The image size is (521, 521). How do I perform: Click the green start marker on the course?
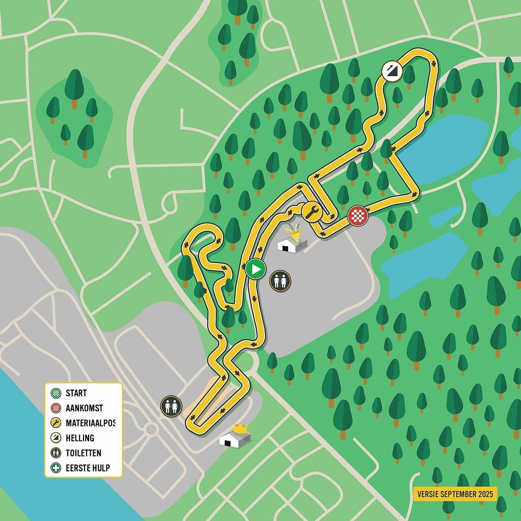pos(256,269)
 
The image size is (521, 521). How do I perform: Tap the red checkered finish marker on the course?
pos(358,216)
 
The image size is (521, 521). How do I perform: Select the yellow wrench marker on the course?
pos(312,212)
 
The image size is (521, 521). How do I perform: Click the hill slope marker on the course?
pos(392,72)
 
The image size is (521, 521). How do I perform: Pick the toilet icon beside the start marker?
pos(280,281)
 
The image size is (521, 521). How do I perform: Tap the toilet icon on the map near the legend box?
pos(171,406)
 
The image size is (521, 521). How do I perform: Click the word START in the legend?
pos(76,393)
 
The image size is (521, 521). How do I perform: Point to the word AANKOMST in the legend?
pos(84,408)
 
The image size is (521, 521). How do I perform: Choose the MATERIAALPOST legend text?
pos(90,423)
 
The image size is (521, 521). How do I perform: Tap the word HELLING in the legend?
pos(80,438)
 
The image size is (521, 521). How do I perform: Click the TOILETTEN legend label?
pos(83,453)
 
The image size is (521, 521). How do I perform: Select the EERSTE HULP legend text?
pos(88,468)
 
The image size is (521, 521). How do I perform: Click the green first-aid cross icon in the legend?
pos(56,468)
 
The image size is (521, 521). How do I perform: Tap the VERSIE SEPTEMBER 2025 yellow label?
pos(455,494)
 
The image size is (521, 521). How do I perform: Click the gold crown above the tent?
pos(240,428)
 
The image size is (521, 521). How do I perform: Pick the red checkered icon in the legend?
pos(56,408)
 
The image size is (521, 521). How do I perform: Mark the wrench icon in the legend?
pos(56,423)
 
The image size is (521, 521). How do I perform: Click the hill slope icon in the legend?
pos(56,438)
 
